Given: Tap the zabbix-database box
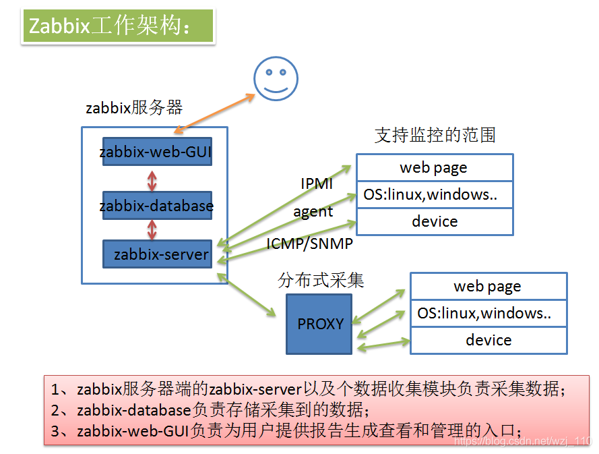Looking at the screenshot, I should tap(156, 205).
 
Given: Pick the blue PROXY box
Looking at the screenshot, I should tap(319, 324).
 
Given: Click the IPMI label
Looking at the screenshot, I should tap(317, 183).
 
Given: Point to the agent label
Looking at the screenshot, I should tap(313, 211).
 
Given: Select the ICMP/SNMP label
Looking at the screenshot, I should tap(309, 244).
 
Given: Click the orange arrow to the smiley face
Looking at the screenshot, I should tap(214, 110).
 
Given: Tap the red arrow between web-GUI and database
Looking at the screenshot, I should tap(152, 179).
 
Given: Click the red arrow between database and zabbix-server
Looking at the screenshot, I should tap(152, 229).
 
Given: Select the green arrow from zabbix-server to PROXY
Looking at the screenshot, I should tap(247, 295).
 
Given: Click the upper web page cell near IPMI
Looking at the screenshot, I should tap(434, 167).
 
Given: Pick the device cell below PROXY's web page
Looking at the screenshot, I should tap(488, 340).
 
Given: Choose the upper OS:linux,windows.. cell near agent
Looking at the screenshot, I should tap(434, 194).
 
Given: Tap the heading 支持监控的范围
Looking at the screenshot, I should tap(435, 135).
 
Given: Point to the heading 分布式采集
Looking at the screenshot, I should tap(321, 281).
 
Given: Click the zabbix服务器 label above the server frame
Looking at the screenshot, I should tap(134, 107).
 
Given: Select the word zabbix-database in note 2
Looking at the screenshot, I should tap(134, 409).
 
